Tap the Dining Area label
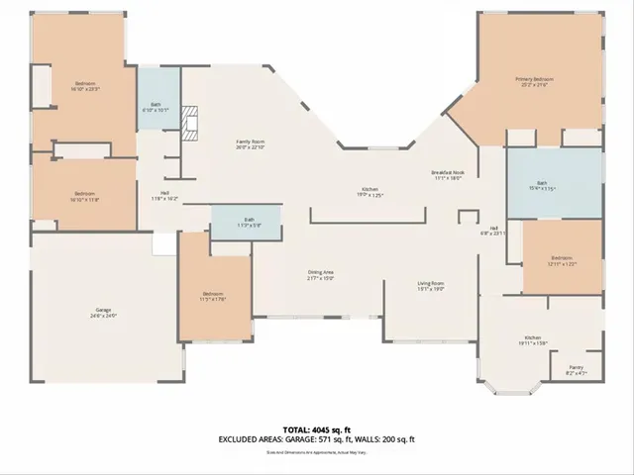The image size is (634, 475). click(320, 274)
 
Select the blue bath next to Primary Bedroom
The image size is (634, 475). click(555, 183)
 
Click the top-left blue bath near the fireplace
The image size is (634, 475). click(157, 101)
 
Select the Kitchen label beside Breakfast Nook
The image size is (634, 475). click(370, 191)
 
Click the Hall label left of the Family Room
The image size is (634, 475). click(165, 195)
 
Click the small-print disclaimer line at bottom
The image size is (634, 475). click(317, 453)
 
